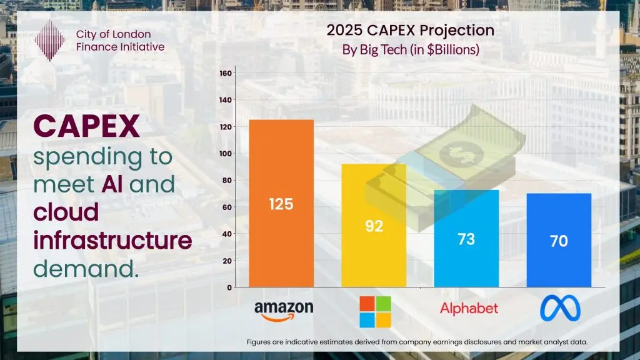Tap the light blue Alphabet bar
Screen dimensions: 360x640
click(x=466, y=262)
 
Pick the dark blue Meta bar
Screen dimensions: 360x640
click(x=559, y=262)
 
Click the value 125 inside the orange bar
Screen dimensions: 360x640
click(x=281, y=204)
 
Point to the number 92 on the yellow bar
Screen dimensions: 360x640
click(x=374, y=226)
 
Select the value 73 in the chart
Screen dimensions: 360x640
click(x=466, y=239)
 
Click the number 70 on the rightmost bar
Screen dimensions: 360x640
click(x=559, y=241)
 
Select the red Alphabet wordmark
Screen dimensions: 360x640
click(x=469, y=308)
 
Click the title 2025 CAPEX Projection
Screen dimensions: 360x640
click(x=410, y=30)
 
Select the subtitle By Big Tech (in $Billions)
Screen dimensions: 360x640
click(x=410, y=50)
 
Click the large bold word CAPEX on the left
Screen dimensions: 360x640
click(x=86, y=127)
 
